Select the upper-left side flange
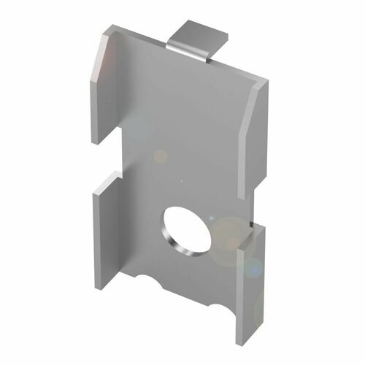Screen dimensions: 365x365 click(x=107, y=88)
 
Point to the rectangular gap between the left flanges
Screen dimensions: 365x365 click(x=109, y=159)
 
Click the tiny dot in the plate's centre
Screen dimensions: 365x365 click(x=180, y=178)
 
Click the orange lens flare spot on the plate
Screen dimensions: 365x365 click(x=159, y=155)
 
